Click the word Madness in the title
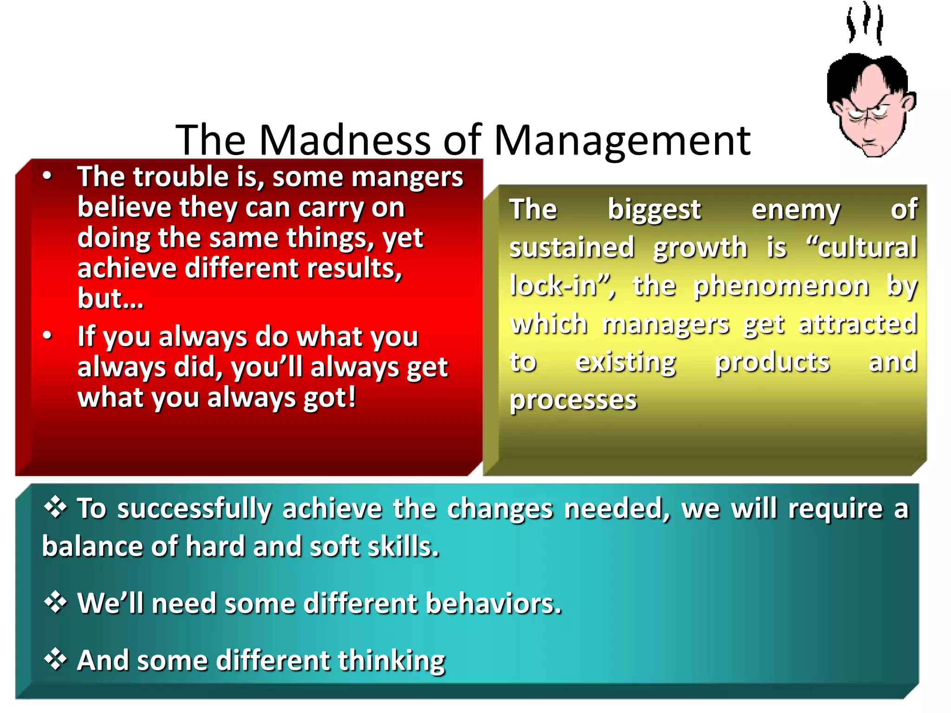coord(345,140)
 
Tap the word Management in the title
coord(622,140)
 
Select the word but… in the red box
coord(111,298)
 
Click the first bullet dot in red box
coord(47,176)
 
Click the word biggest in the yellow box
coord(654,210)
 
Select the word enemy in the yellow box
coord(795,210)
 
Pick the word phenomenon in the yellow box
coord(781,286)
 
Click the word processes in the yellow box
coord(573,400)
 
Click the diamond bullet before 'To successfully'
coord(55,507)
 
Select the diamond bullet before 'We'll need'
coord(55,603)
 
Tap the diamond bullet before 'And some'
coord(55,660)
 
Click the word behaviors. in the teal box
coord(493,603)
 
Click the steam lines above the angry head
coord(865,23)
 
